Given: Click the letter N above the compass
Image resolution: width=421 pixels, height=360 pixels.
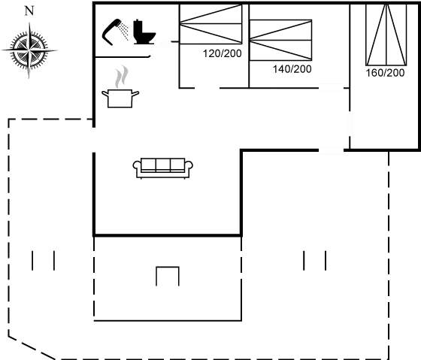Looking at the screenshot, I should [x=29, y=11].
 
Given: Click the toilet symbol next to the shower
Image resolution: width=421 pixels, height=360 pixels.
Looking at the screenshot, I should [x=144, y=35].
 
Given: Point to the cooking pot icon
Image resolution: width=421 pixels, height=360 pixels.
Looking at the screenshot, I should [x=120, y=98].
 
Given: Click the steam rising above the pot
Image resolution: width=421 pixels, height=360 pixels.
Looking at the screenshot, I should [x=120, y=77].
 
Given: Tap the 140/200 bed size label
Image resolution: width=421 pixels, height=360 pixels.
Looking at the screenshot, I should [x=292, y=69].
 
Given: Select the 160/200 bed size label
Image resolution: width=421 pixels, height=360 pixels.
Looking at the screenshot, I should [x=386, y=73].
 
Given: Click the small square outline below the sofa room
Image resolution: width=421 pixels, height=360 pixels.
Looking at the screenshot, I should [x=168, y=276].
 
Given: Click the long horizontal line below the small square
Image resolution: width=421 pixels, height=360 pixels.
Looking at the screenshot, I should [x=167, y=320].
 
